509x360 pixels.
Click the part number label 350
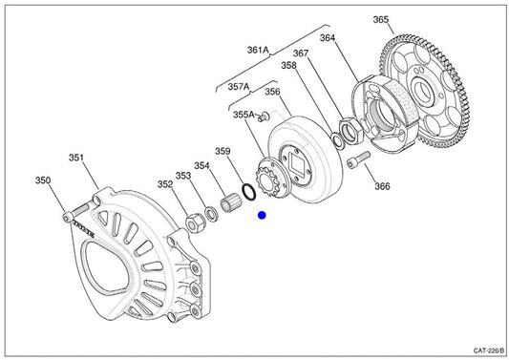tap(43, 180)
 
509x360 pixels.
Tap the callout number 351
tap(76, 158)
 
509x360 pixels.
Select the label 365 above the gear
tap(381, 20)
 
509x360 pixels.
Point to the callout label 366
tap(382, 186)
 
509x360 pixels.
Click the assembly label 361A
tap(258, 50)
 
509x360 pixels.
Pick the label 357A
tap(239, 87)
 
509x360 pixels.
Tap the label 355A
tap(244, 115)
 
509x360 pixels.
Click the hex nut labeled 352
tap(196, 223)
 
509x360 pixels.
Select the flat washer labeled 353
tap(212, 214)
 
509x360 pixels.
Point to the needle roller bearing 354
tap(231, 202)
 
